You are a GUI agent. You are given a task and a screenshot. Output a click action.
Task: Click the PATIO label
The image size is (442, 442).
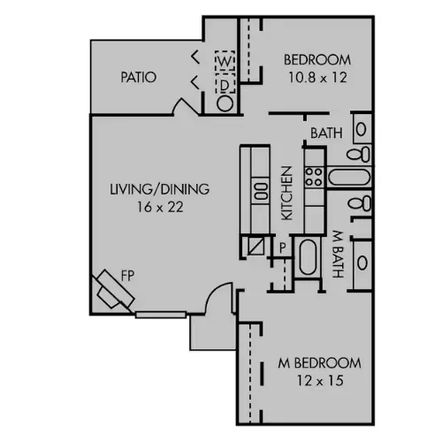click(x=138, y=77)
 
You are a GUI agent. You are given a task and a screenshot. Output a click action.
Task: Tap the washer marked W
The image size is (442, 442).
click(x=225, y=61)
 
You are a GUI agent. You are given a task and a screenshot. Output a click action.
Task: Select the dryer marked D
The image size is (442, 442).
click(x=225, y=83)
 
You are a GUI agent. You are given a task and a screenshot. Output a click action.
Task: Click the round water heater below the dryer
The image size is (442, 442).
click(x=225, y=103)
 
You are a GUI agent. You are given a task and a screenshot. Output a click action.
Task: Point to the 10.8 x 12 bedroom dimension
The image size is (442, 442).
click(x=317, y=78)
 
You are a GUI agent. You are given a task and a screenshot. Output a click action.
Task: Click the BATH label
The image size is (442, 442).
click(x=326, y=133)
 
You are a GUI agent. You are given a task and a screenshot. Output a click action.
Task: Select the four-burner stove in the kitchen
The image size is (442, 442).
click(x=314, y=177)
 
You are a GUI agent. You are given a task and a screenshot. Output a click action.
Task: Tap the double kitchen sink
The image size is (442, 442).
click(x=261, y=191)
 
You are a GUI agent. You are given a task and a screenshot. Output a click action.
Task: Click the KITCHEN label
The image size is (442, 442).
click(x=286, y=193)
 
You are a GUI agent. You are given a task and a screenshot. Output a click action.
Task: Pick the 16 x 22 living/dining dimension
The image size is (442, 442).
click(x=160, y=207)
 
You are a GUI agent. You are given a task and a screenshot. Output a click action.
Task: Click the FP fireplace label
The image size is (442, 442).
click(x=127, y=276)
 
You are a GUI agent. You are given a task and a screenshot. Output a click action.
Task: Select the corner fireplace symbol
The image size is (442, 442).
click(x=114, y=290)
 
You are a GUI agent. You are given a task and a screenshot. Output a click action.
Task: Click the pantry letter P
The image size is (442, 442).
click(x=282, y=248)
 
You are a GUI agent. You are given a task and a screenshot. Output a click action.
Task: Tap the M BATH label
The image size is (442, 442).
click(x=338, y=254)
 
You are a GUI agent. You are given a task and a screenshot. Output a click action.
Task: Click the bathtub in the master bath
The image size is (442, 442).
click(x=308, y=257)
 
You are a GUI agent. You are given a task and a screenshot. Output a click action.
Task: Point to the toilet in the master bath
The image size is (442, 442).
click(x=360, y=203)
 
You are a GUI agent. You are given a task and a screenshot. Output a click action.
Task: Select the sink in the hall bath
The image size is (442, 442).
click(x=362, y=129)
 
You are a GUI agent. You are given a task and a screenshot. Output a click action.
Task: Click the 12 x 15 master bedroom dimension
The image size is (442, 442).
click(x=320, y=380)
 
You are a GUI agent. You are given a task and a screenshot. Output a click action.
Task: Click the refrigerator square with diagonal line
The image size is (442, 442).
click(x=255, y=246)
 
